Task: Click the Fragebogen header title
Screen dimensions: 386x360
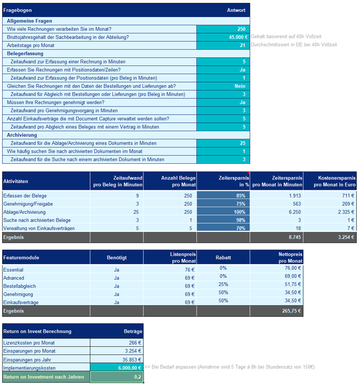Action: tap(18, 10)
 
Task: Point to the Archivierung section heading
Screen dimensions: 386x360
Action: tap(22, 135)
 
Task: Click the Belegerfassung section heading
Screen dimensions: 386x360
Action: tap(25, 53)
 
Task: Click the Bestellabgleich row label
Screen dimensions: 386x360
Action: tap(20, 286)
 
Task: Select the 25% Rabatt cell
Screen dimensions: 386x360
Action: tap(223, 284)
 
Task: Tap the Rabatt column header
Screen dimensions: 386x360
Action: tap(223, 257)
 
